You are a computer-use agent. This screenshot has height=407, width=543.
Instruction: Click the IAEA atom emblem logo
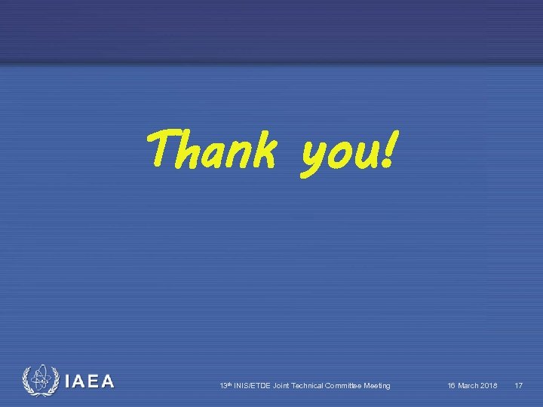(x=38, y=381)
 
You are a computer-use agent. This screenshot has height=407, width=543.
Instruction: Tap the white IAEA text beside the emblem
(x=90, y=382)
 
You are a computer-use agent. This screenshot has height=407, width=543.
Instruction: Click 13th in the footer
(x=225, y=386)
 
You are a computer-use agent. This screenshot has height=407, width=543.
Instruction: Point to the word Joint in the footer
(x=283, y=386)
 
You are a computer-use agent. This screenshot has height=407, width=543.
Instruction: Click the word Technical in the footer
(x=313, y=386)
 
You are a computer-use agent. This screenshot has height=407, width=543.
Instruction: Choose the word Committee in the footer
(x=348, y=386)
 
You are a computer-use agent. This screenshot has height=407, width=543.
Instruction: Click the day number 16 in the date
(x=452, y=386)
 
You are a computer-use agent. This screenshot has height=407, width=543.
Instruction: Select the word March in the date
(x=469, y=386)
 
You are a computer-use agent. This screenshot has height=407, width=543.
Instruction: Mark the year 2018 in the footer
(x=489, y=386)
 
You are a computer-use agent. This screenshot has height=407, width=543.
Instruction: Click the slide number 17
(x=518, y=386)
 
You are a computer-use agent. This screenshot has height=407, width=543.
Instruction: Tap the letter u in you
(x=361, y=154)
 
